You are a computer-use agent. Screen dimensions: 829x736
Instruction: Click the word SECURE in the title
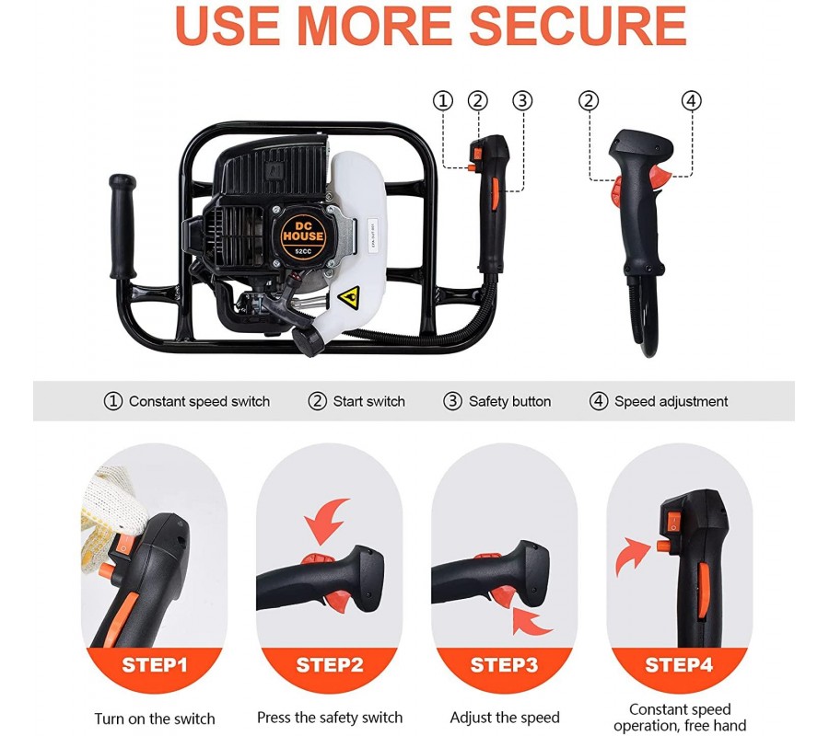[578, 25]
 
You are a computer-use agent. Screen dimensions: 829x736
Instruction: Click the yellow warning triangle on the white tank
[349, 298]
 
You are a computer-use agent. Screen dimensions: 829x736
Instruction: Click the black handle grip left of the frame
[123, 226]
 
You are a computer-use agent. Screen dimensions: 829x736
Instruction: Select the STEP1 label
[155, 665]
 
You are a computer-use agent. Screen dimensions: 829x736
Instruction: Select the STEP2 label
[330, 665]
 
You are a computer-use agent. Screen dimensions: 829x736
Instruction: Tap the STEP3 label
[504, 665]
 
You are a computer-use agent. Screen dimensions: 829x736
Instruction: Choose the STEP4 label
[679, 665]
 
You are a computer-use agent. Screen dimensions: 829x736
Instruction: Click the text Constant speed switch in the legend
[199, 402]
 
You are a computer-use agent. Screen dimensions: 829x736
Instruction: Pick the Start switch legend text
[369, 402]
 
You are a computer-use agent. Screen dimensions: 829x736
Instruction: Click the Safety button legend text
[509, 402]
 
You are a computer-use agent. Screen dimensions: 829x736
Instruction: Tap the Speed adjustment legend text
[671, 402]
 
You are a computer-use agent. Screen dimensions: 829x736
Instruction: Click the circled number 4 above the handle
[691, 100]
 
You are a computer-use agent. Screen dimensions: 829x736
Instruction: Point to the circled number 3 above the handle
[522, 100]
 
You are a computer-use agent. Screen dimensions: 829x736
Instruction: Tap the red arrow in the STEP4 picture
[630, 557]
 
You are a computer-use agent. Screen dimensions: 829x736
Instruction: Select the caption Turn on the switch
[155, 719]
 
